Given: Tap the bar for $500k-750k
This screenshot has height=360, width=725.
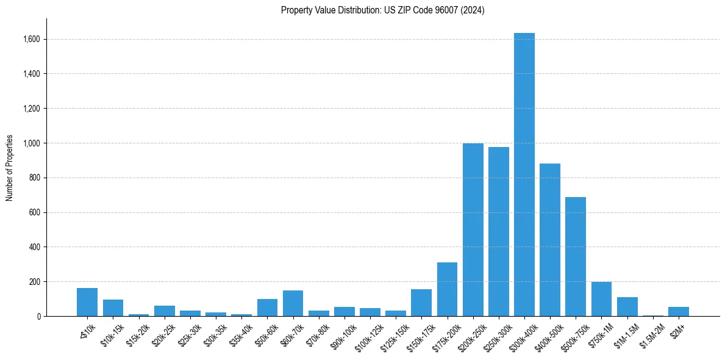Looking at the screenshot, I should (x=576, y=257).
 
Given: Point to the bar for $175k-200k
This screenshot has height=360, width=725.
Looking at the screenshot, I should (x=448, y=289).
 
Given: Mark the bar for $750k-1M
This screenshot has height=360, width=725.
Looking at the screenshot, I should (x=601, y=299).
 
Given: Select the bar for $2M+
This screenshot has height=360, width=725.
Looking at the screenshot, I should (x=679, y=311).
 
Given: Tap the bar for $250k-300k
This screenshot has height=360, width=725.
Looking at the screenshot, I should (x=499, y=232).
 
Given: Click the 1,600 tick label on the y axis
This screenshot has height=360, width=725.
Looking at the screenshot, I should (x=32, y=39).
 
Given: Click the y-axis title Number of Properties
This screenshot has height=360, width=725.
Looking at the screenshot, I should (x=10, y=168).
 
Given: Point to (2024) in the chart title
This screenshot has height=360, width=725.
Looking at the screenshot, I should (x=474, y=10).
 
